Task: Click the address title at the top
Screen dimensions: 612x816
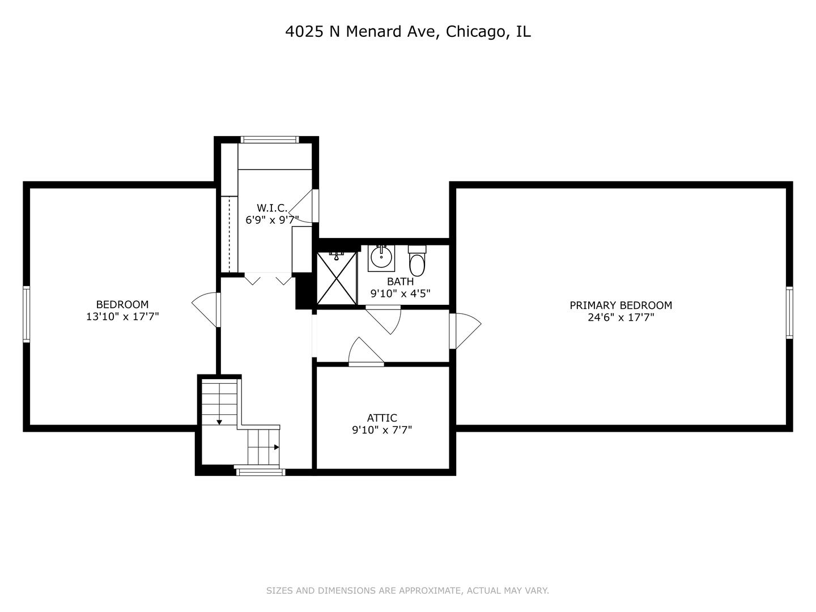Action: (x=407, y=32)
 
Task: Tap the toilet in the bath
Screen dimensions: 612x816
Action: (x=417, y=261)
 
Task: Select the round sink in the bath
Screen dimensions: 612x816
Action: (x=381, y=258)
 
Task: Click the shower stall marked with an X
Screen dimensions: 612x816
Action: (x=336, y=278)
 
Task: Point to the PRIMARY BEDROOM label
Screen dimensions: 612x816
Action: (x=620, y=305)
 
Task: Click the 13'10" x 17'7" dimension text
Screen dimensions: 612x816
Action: (x=122, y=317)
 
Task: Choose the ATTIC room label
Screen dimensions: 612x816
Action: (x=382, y=418)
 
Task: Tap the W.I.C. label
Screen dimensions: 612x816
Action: (x=272, y=208)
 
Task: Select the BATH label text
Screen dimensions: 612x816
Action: (x=400, y=282)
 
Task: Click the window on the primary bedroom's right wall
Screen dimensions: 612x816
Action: (x=789, y=312)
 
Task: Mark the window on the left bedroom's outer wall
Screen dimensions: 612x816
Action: (x=26, y=314)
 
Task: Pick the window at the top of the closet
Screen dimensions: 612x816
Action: (x=270, y=139)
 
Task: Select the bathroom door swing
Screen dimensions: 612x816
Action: (x=384, y=319)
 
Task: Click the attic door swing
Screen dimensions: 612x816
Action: (x=365, y=352)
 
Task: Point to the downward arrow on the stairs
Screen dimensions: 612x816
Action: (x=219, y=422)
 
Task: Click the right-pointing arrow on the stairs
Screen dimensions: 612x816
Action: (x=277, y=447)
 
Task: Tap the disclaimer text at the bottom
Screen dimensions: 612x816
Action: (x=407, y=590)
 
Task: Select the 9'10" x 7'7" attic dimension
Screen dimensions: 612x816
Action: (x=382, y=430)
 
